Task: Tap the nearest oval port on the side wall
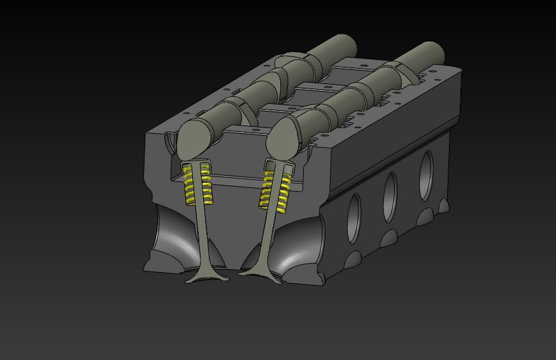(x=353, y=219)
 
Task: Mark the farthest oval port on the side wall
(x=425, y=167)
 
